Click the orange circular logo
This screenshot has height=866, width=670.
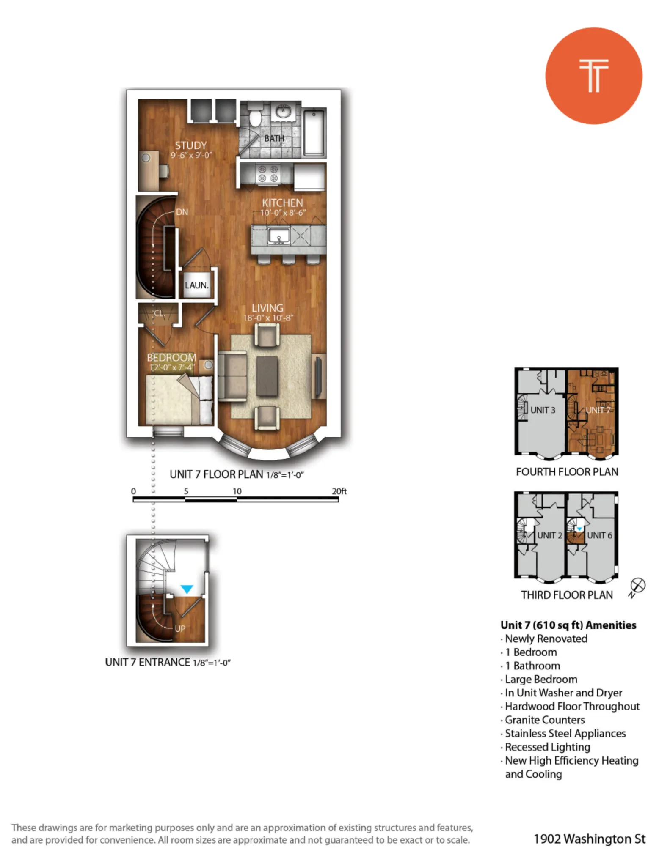(x=593, y=76)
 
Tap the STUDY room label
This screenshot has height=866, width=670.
(x=191, y=145)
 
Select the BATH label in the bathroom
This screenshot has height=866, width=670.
(x=274, y=138)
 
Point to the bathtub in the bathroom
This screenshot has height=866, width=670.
(x=314, y=132)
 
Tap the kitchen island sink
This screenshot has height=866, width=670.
(x=279, y=235)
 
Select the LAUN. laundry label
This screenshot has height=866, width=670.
(x=197, y=285)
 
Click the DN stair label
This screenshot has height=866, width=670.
(x=182, y=212)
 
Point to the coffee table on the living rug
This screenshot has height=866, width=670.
(x=267, y=376)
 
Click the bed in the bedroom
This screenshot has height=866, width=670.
(x=179, y=400)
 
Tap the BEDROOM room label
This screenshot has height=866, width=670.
(x=171, y=357)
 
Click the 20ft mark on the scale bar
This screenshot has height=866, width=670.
(x=339, y=491)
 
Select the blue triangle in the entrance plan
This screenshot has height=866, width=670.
(x=187, y=589)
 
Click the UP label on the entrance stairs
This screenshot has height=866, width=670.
(x=180, y=628)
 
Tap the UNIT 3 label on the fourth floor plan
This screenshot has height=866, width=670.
(x=543, y=410)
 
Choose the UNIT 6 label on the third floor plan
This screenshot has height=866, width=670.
(x=599, y=535)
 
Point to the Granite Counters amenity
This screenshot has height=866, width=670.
(x=545, y=720)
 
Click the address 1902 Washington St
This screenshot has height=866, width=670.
(x=590, y=839)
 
